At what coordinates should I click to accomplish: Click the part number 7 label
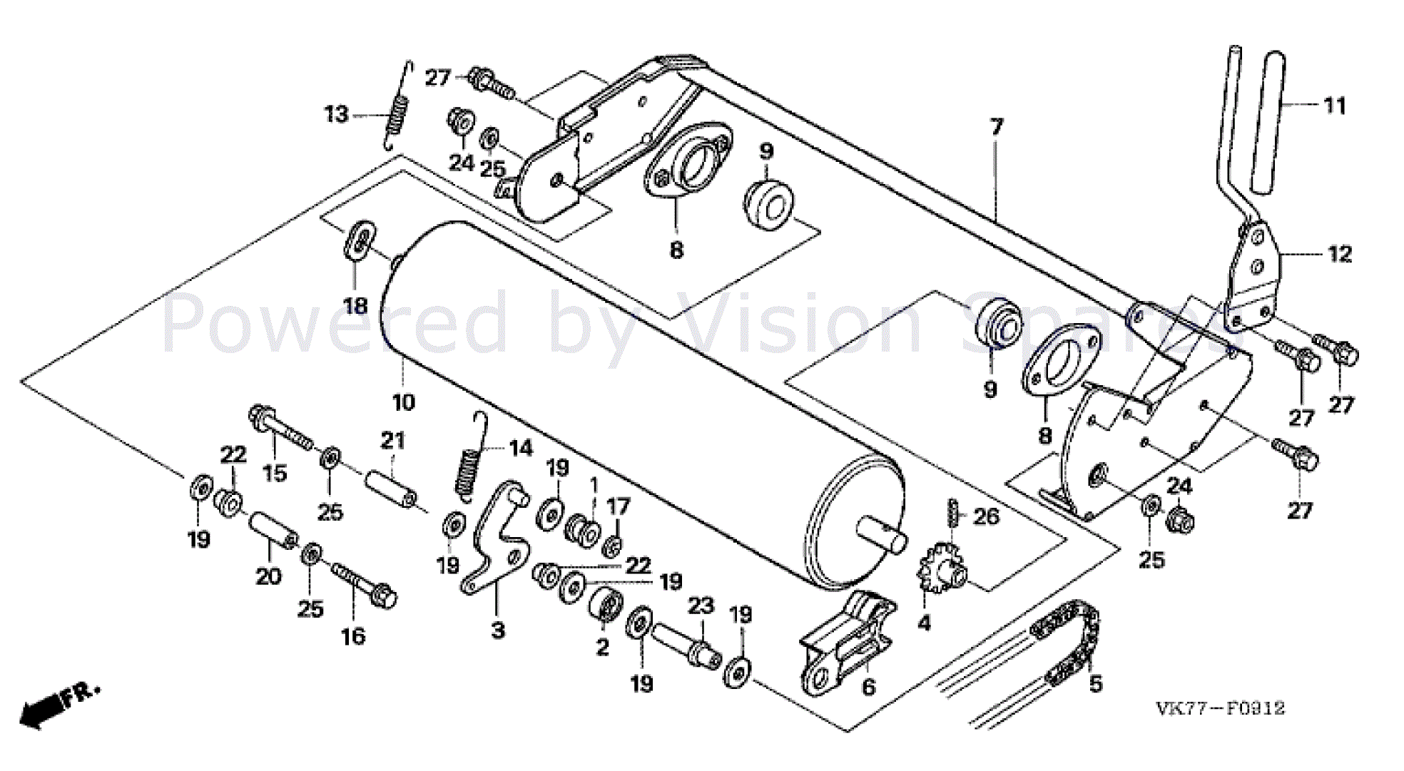pyautogui.click(x=996, y=127)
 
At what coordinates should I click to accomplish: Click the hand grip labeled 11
pyautogui.click(x=1268, y=121)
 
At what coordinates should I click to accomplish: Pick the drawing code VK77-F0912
pyautogui.click(x=1220, y=708)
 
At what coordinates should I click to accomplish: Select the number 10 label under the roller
pyautogui.click(x=404, y=402)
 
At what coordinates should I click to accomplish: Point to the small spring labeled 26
pyautogui.click(x=952, y=512)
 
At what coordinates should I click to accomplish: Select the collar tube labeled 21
pyautogui.click(x=390, y=488)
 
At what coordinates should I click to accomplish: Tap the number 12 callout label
pyautogui.click(x=1339, y=255)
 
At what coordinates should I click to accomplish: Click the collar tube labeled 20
pyautogui.click(x=273, y=529)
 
